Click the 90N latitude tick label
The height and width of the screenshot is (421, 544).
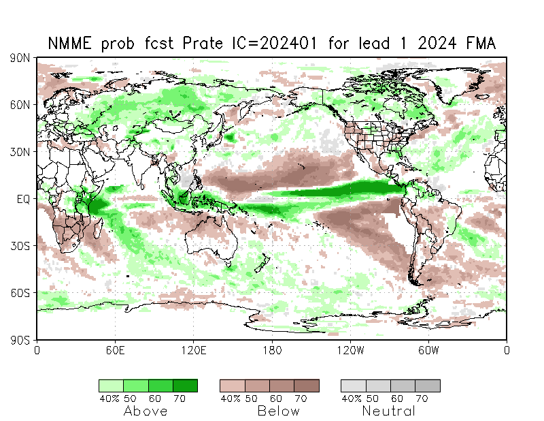(19, 59)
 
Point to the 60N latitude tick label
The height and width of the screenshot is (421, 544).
(19, 105)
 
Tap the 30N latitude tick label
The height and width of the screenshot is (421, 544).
(19, 152)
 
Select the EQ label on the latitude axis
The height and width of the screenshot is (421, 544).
(22, 199)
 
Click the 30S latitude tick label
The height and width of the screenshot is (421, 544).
(19, 246)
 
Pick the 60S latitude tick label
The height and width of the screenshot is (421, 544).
(19, 293)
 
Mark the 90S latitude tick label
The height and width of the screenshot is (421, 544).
(19, 339)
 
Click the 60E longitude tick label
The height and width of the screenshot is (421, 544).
(115, 351)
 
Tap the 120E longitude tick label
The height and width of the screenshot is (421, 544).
(193, 351)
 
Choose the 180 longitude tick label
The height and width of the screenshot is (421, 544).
(272, 351)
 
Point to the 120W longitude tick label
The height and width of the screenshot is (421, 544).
(350, 351)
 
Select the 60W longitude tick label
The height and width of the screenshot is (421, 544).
(428, 351)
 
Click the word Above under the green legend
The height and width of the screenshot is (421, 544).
(145, 411)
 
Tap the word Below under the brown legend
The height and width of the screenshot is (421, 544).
(278, 411)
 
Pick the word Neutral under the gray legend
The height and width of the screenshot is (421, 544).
(388, 411)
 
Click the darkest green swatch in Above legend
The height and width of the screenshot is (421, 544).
(185, 386)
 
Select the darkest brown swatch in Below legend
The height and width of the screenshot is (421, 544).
(306, 386)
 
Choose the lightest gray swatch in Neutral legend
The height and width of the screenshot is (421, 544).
(353, 386)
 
